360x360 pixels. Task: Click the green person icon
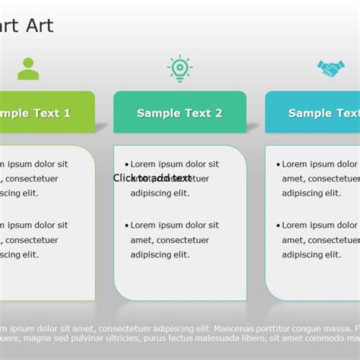(x=28, y=69)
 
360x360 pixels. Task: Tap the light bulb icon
(x=180, y=68)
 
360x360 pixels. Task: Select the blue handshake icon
(x=330, y=69)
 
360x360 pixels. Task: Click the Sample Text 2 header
(x=180, y=112)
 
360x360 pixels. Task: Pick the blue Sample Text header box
(x=313, y=112)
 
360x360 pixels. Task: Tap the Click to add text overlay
(x=152, y=178)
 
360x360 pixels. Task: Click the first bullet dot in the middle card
(x=126, y=164)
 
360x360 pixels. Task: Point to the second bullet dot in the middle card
(x=126, y=226)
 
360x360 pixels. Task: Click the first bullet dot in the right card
(x=278, y=164)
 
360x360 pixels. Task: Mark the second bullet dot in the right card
(x=278, y=226)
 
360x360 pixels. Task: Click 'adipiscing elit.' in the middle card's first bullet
(x=159, y=193)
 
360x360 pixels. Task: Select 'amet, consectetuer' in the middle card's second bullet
(x=170, y=240)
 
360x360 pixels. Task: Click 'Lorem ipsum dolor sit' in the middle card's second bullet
(x=175, y=226)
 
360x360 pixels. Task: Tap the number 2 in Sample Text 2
(x=219, y=113)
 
